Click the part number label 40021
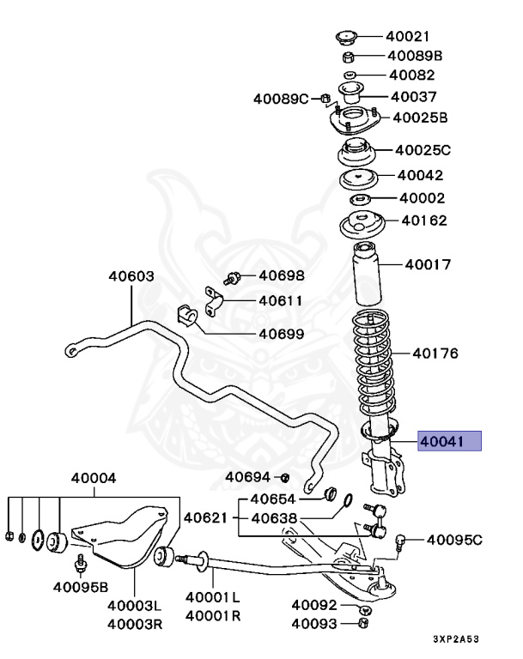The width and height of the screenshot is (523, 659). tap(407, 37)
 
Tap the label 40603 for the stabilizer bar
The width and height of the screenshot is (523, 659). tap(131, 276)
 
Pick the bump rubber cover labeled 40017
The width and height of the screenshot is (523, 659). tap(365, 275)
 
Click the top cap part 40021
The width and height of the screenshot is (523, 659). tap(345, 38)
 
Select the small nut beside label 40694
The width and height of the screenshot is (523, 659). tap(285, 477)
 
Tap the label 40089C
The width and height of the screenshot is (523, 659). tap(280, 99)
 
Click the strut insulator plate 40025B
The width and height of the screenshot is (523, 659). tap(352, 123)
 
